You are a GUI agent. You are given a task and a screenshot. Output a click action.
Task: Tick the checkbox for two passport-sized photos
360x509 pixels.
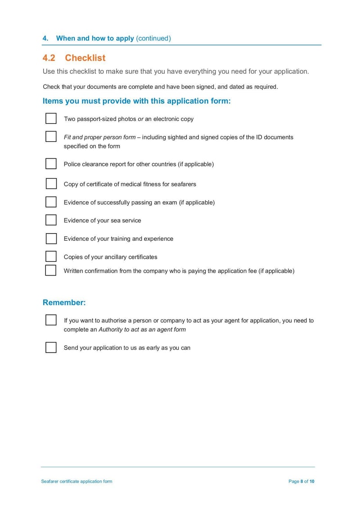(51, 118)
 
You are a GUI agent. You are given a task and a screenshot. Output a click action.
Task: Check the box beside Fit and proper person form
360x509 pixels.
(51, 136)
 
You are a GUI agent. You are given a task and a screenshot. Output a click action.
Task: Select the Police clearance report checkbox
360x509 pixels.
(51, 163)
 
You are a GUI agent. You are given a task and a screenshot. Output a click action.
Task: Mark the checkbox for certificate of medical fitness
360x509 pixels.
(51, 184)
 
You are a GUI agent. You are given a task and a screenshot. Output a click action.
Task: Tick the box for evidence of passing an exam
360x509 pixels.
(51, 202)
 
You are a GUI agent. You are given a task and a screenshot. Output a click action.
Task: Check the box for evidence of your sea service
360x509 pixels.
(51, 220)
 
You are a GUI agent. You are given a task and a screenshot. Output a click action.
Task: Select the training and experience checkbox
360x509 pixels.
(51, 239)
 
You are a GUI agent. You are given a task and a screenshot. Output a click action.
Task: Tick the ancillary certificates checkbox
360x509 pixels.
(51, 257)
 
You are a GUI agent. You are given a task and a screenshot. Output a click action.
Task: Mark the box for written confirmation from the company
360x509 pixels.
(51, 270)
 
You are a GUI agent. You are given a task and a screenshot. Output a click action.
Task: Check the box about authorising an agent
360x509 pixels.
(51, 320)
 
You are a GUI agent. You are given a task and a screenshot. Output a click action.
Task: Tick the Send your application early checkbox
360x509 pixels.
(51, 347)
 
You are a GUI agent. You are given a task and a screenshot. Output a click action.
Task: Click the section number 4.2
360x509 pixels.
(49, 58)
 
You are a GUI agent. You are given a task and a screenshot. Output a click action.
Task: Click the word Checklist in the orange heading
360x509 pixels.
(85, 58)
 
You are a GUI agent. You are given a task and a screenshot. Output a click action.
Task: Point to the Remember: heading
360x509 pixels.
(64, 302)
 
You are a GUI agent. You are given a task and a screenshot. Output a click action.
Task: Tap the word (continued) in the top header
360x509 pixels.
(153, 38)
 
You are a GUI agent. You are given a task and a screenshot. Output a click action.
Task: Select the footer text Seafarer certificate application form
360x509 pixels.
(76, 482)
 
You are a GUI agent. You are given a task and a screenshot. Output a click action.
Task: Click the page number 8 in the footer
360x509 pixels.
(302, 482)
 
